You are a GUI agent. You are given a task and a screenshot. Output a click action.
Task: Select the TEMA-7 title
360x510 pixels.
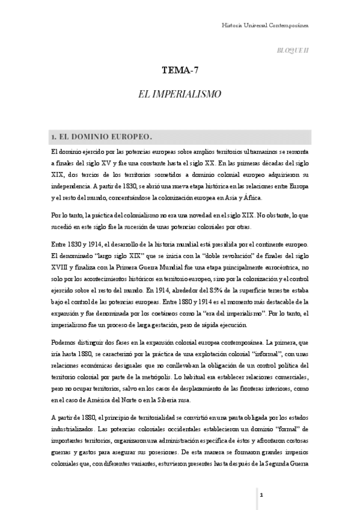[180, 71]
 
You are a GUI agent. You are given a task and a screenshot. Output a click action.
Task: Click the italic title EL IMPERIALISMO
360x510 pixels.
[180, 94]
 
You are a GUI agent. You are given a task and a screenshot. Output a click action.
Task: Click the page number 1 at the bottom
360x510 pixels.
[262, 494]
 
